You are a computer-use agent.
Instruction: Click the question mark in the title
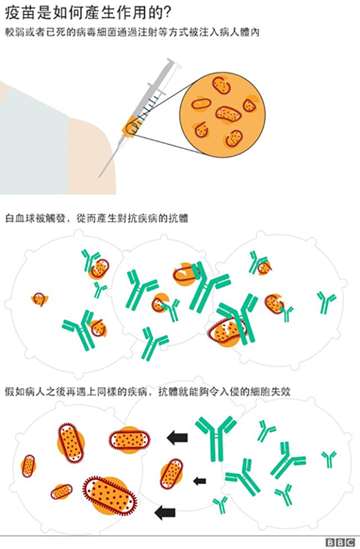pos(167,13)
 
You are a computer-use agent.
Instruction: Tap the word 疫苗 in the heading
pos(17,13)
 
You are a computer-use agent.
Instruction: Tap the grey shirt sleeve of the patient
pos(33,140)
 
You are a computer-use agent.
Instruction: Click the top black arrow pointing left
pos(178,438)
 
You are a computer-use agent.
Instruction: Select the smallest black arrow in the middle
pos(200,481)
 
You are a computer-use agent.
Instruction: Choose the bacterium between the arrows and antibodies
pos(172,474)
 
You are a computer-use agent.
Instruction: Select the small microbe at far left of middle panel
pos(39,299)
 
